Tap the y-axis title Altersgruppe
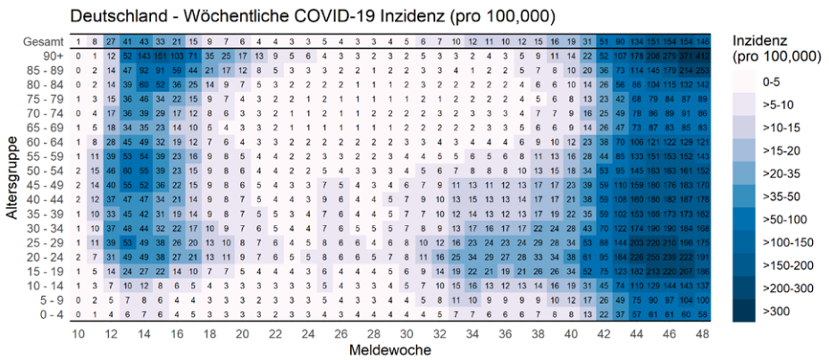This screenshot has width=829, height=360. (13, 180)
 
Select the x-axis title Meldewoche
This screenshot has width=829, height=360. (389, 349)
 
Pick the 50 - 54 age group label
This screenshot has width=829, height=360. (45, 169)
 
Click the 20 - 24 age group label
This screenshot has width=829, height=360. (45, 256)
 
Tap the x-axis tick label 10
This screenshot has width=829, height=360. (79, 332)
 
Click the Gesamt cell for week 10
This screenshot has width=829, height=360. (79, 42)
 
